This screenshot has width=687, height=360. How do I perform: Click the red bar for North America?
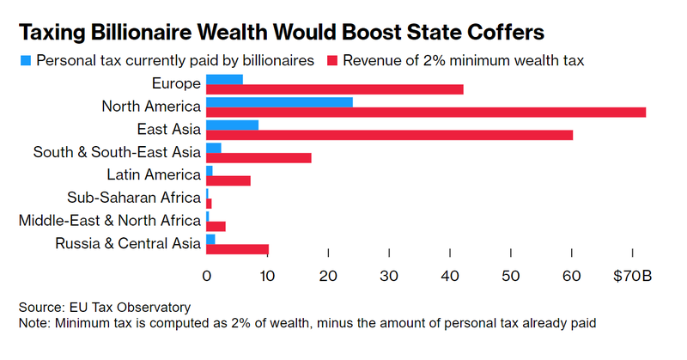click(425, 112)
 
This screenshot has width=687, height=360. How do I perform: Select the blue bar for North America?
click(279, 101)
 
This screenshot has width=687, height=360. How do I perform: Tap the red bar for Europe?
click(335, 88)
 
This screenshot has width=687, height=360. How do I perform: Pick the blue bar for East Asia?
click(232, 125)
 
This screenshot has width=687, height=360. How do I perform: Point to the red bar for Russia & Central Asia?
click(237, 249)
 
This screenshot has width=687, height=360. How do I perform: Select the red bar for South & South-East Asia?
click(258, 158)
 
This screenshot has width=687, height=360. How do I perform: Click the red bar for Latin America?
click(228, 180)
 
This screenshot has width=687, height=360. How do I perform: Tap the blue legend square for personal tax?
click(26, 61)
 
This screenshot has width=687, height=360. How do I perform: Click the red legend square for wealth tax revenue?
click(332, 61)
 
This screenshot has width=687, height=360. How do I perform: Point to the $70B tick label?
click(634, 276)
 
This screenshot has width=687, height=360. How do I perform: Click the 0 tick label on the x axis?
click(207, 276)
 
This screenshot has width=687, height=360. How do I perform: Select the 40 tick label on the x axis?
click(450, 276)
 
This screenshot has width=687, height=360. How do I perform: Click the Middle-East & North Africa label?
click(110, 220)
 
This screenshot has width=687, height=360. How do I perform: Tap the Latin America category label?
click(160, 174)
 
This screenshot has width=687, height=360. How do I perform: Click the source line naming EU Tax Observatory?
click(105, 307)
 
